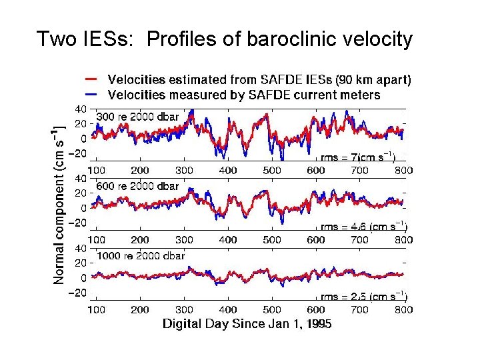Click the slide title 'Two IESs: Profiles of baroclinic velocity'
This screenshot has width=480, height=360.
(225, 39)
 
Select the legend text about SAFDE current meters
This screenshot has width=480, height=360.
(244, 95)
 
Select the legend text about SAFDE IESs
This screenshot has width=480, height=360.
(259, 80)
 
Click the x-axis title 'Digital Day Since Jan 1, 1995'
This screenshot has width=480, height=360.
(247, 324)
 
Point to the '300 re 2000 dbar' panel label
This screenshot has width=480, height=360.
(138, 117)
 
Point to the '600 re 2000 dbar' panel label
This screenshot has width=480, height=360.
(138, 186)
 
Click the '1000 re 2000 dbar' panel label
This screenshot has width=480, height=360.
(141, 255)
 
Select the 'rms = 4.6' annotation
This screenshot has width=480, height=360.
(364, 227)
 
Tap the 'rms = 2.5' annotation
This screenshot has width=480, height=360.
(364, 297)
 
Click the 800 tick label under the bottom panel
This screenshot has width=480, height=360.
(403, 309)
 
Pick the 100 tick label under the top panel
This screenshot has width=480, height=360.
(96, 171)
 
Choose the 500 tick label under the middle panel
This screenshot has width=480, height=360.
(272, 240)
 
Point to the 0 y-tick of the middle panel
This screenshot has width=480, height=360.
(83, 208)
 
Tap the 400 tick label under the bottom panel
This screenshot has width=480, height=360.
(228, 309)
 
